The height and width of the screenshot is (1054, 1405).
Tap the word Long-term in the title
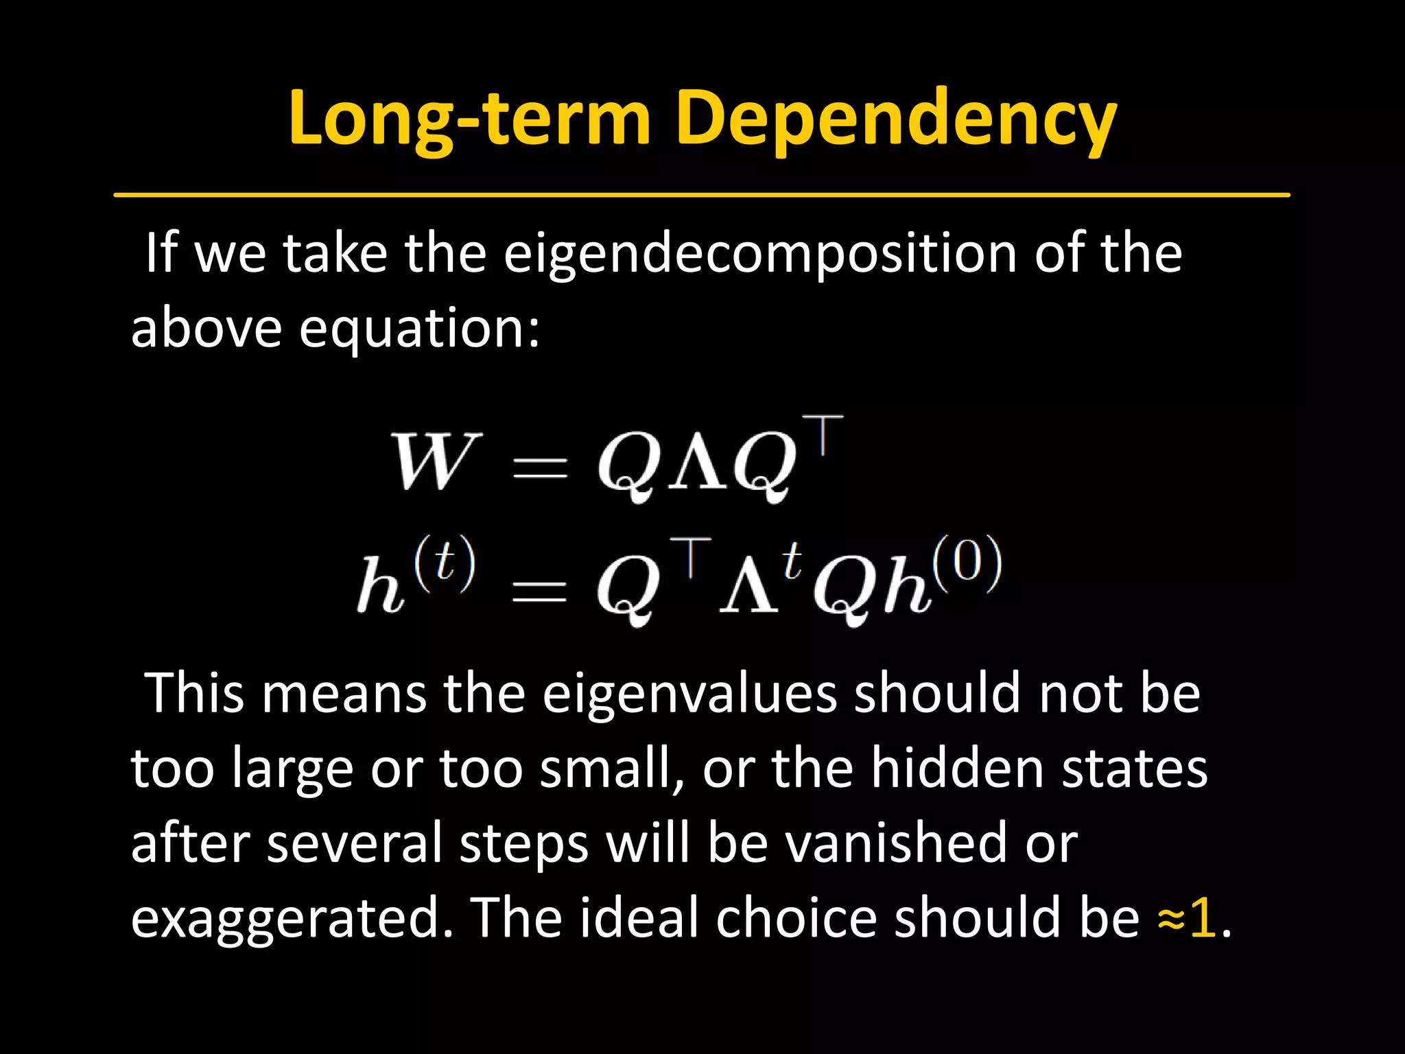[469, 118]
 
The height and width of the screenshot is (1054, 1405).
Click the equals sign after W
[541, 467]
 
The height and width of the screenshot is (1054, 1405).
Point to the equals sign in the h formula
[541, 590]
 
